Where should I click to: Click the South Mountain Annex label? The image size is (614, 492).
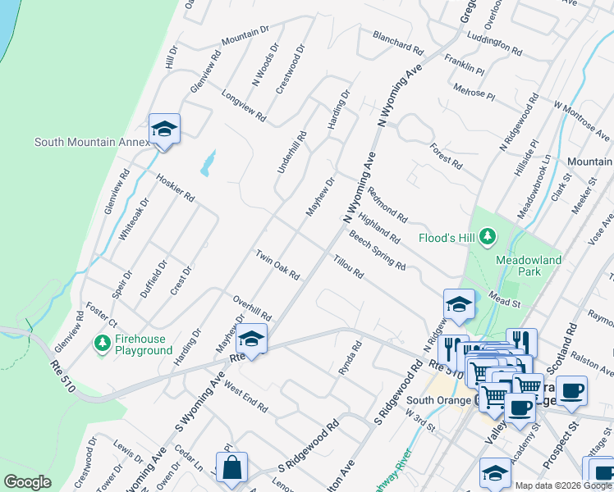pos(92,142)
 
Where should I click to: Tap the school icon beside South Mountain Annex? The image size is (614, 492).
pos(164,130)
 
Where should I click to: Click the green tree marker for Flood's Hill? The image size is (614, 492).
pos(488,238)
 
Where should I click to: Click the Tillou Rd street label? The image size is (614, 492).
pos(348,267)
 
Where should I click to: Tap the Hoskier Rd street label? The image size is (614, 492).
pos(174,187)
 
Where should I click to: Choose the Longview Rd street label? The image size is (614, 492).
pos(244,106)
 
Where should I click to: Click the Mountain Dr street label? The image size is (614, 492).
pos(245,36)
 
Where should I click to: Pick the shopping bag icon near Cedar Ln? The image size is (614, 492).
pos(232,467)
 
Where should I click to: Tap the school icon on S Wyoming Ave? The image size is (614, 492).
pos(251,339)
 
